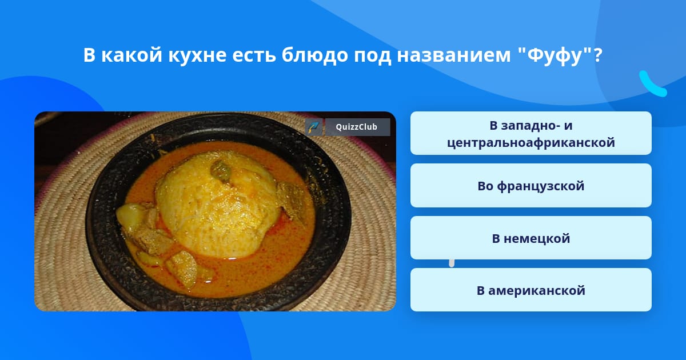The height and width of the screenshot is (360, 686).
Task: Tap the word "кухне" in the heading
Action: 197,55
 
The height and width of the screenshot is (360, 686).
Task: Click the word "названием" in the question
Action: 454,55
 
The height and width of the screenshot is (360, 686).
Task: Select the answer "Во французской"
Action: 531,186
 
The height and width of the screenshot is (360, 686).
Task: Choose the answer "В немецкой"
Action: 531,238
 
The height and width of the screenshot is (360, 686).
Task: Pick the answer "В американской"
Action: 531,290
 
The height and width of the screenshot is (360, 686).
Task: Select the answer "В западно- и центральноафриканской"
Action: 531,133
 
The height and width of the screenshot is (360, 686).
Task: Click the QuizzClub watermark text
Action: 357,127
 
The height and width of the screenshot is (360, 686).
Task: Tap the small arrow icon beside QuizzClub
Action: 314,127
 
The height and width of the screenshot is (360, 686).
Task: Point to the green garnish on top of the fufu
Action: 221,171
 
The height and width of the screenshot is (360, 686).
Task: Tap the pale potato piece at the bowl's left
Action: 131,216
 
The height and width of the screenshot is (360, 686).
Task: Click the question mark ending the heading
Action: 597,55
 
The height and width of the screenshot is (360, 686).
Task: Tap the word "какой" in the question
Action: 131,55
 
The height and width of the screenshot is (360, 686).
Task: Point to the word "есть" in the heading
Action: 254,55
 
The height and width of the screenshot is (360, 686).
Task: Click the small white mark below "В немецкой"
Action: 452,263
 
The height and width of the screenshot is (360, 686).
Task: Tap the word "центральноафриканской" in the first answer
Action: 531,143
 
